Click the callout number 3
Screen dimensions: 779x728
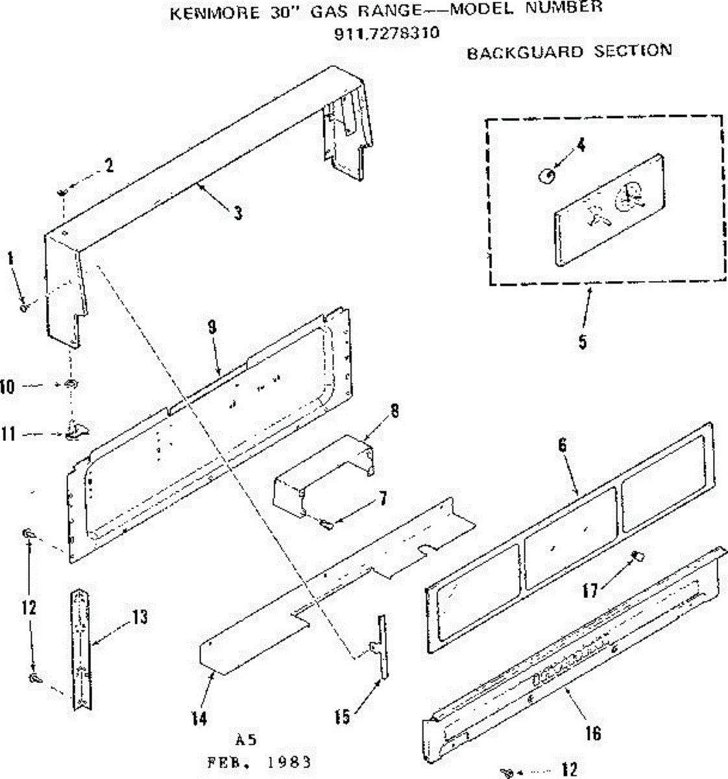(238, 212)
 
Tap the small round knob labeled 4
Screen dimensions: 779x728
(547, 175)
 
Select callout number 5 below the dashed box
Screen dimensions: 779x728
(583, 341)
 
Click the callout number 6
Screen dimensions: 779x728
(563, 445)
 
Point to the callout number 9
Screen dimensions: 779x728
(212, 328)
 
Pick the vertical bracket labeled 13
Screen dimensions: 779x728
(82, 649)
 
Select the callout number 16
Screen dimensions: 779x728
(592, 733)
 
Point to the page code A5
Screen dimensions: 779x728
(246, 740)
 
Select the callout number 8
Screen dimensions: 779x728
(395, 411)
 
